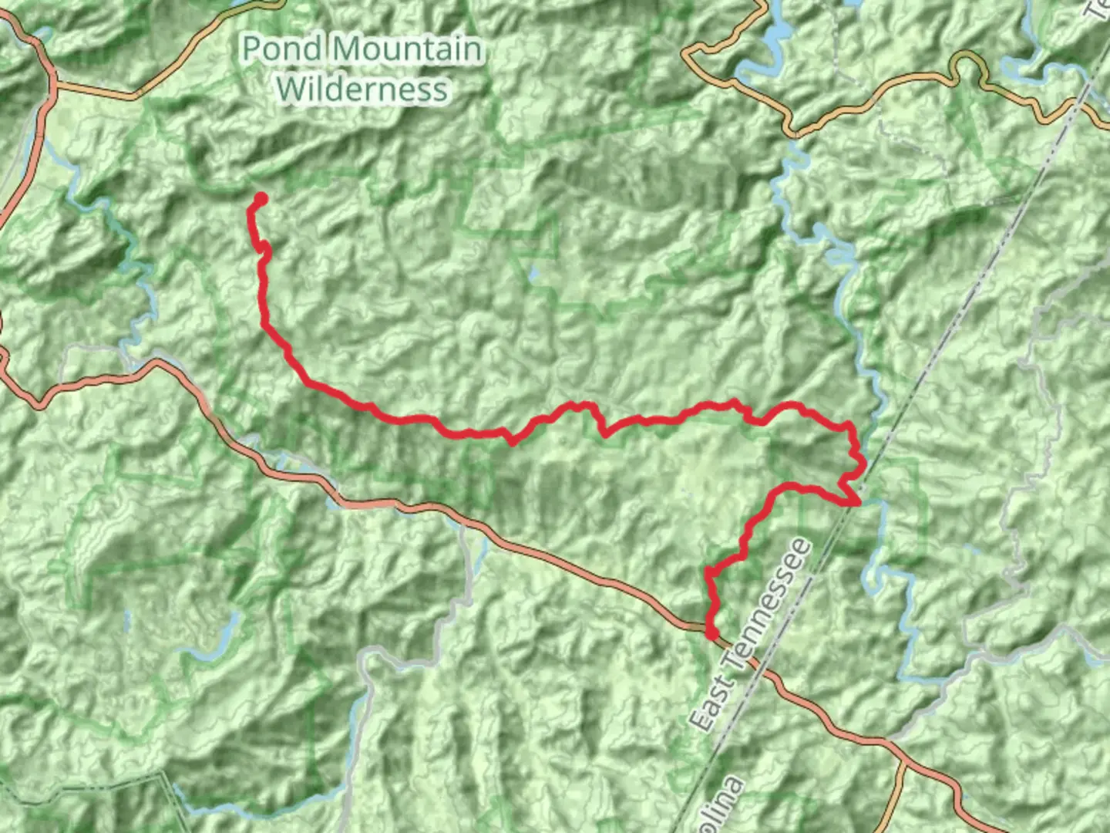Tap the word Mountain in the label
coord(409,49)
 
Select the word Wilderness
coord(362,89)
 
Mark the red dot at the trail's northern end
coord(261,199)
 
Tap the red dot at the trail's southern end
coord(712,633)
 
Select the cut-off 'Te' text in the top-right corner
coord(1098,9)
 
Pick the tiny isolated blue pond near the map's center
coord(534,273)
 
